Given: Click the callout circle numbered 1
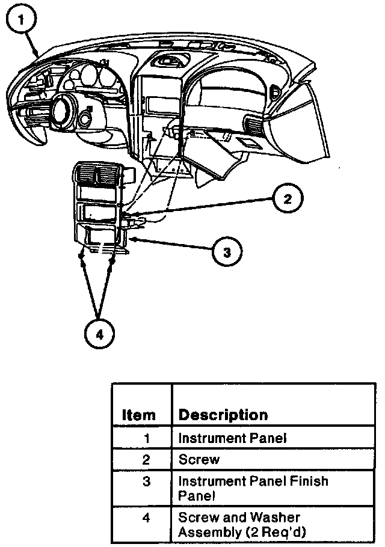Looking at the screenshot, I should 22,20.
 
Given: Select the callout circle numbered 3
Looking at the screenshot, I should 226,252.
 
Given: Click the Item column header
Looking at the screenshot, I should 139,415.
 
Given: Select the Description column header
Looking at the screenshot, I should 223,415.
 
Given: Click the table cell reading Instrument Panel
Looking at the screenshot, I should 232,438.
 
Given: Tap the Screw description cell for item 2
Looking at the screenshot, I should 199,460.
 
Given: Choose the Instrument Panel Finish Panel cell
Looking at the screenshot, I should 253,489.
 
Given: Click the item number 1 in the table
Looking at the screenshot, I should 146,438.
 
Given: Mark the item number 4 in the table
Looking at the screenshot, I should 146,518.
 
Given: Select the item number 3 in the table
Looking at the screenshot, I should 146,482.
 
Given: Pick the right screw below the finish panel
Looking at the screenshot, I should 112,261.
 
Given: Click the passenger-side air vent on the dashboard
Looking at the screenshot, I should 253,127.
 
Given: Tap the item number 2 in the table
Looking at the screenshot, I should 146,460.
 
